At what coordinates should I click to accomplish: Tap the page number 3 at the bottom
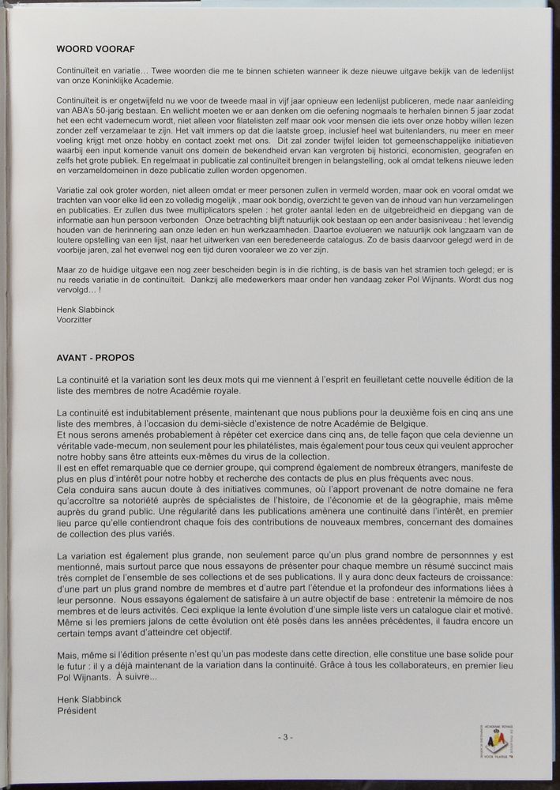(285, 736)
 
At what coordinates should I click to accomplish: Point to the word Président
(77, 710)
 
